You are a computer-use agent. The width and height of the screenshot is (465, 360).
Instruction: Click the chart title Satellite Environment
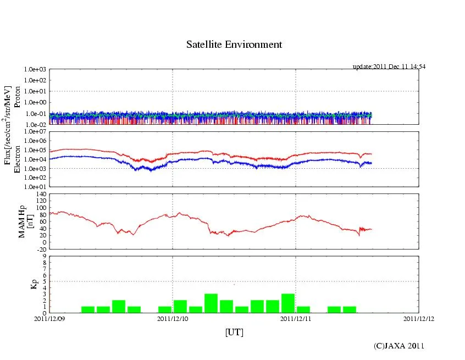234,45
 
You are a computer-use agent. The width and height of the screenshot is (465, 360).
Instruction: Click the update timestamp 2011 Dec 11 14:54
389,67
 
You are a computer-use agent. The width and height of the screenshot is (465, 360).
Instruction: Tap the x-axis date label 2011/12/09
49,318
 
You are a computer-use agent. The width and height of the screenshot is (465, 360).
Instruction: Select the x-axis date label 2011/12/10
173,318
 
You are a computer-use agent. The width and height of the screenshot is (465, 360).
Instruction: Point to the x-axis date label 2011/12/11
296,318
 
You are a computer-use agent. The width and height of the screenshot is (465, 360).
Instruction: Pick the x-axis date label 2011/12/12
419,318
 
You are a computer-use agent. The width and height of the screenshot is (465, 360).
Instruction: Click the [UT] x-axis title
234,333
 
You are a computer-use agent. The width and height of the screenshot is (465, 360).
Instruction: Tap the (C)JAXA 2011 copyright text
399,346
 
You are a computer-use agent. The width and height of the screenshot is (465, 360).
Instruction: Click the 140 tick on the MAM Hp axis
41,194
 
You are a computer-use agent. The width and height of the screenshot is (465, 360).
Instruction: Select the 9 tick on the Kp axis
45,256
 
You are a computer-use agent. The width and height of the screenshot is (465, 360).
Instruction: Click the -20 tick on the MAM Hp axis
41,249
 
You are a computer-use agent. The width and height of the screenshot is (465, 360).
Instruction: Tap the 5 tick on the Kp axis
45,281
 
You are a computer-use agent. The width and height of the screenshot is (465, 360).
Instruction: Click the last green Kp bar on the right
349,309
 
